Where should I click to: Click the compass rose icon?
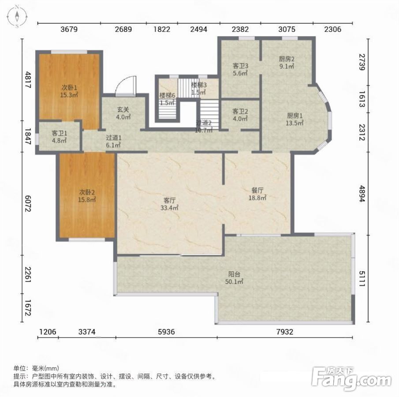coord(17,16)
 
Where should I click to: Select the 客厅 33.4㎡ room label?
coord(169,204)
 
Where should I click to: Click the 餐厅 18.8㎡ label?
coord(257,194)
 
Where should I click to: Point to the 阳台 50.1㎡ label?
coord(234,277)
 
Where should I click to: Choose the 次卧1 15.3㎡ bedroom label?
coord(69,91)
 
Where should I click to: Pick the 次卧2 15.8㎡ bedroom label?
coord(87,195)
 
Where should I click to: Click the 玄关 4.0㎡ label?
coord(123,113)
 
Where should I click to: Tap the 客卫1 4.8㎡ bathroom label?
coord(59,137)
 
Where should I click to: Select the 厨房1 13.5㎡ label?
coord(295,119)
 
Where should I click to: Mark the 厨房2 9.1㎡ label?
coord(287,63)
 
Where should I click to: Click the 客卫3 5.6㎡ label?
coord(240,70)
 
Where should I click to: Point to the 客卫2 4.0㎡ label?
coord(240,115)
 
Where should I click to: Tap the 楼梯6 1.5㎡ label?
coord(167,99)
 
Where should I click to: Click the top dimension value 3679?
coord(69,29)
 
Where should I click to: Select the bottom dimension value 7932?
coord(285,332)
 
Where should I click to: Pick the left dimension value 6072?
coord(27,203)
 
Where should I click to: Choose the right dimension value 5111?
coord(362,278)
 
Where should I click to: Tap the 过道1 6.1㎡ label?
coord(113,142)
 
